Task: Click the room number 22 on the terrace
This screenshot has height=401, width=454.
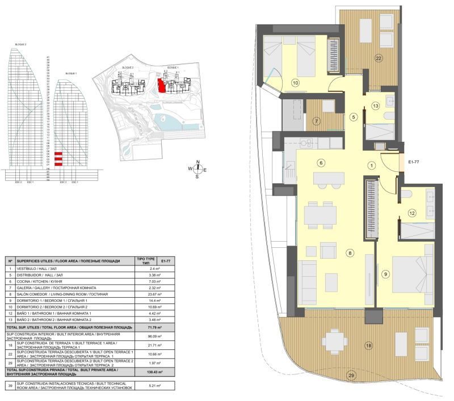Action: [379, 58]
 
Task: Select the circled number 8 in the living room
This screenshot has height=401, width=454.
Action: [350, 253]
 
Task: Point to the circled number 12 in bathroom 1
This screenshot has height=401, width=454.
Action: [413, 213]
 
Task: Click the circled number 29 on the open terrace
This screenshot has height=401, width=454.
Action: [351, 391]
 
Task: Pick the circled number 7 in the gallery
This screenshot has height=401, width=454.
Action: [317, 120]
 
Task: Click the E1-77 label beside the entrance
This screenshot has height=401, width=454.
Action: [414, 162]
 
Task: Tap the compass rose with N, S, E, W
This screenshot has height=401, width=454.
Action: [197, 169]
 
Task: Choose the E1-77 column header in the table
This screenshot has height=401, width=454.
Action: [165, 260]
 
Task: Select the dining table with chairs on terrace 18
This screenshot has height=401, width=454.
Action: [338, 341]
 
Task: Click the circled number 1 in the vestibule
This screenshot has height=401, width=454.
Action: [371, 166]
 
